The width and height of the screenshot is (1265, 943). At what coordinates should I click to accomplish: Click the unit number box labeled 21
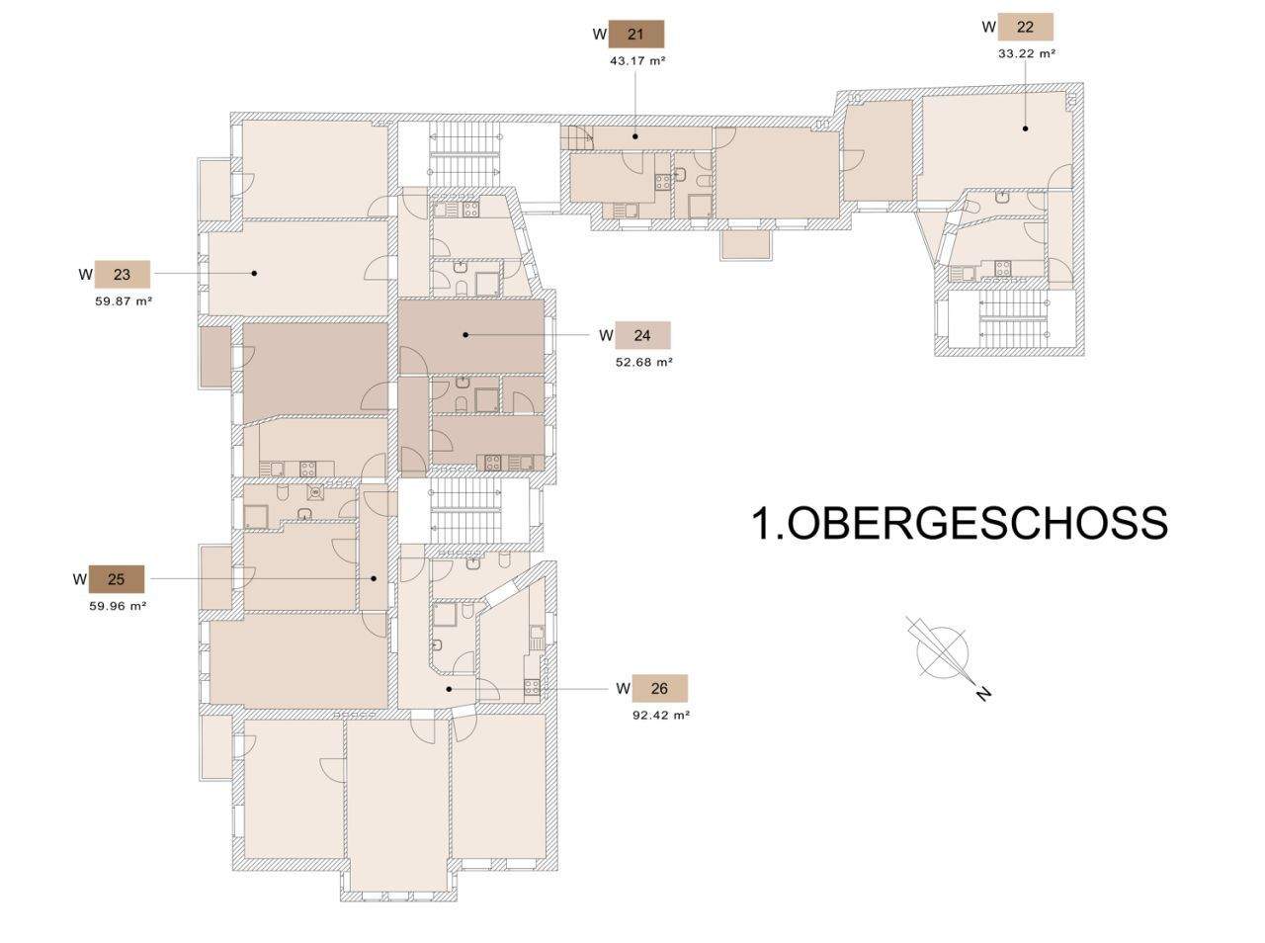coord(635,35)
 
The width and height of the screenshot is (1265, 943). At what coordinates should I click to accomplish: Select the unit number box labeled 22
coord(1025,27)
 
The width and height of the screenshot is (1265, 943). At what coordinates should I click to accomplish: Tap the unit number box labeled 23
coord(122,274)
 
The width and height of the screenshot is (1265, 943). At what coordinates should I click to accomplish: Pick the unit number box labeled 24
coord(642,335)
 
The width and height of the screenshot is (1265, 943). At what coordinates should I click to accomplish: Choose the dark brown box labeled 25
coord(117,578)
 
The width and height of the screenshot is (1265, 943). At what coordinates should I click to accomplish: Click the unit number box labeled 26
coord(659,688)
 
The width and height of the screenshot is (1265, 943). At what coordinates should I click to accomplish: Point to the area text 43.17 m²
coord(637,60)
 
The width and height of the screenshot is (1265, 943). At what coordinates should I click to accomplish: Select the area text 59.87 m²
coord(124,301)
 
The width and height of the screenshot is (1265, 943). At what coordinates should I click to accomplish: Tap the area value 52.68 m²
coord(644,362)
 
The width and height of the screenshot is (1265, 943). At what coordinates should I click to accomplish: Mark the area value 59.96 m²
coord(118,606)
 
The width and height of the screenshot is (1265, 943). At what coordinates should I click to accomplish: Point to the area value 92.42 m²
coord(660,715)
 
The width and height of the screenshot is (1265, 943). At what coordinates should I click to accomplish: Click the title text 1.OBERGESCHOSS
coord(960,523)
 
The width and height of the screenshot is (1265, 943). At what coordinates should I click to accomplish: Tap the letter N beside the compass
coord(983,694)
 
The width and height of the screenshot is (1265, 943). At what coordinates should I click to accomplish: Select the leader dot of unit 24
coord(465,335)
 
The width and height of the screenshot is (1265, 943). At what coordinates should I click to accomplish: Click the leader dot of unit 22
coord(1025,128)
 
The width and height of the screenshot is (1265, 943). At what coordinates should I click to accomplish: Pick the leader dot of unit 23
coord(254,273)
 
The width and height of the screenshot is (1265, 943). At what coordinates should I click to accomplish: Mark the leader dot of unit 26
coord(450,688)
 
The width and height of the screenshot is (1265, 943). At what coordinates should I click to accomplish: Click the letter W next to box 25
coord(79,578)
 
